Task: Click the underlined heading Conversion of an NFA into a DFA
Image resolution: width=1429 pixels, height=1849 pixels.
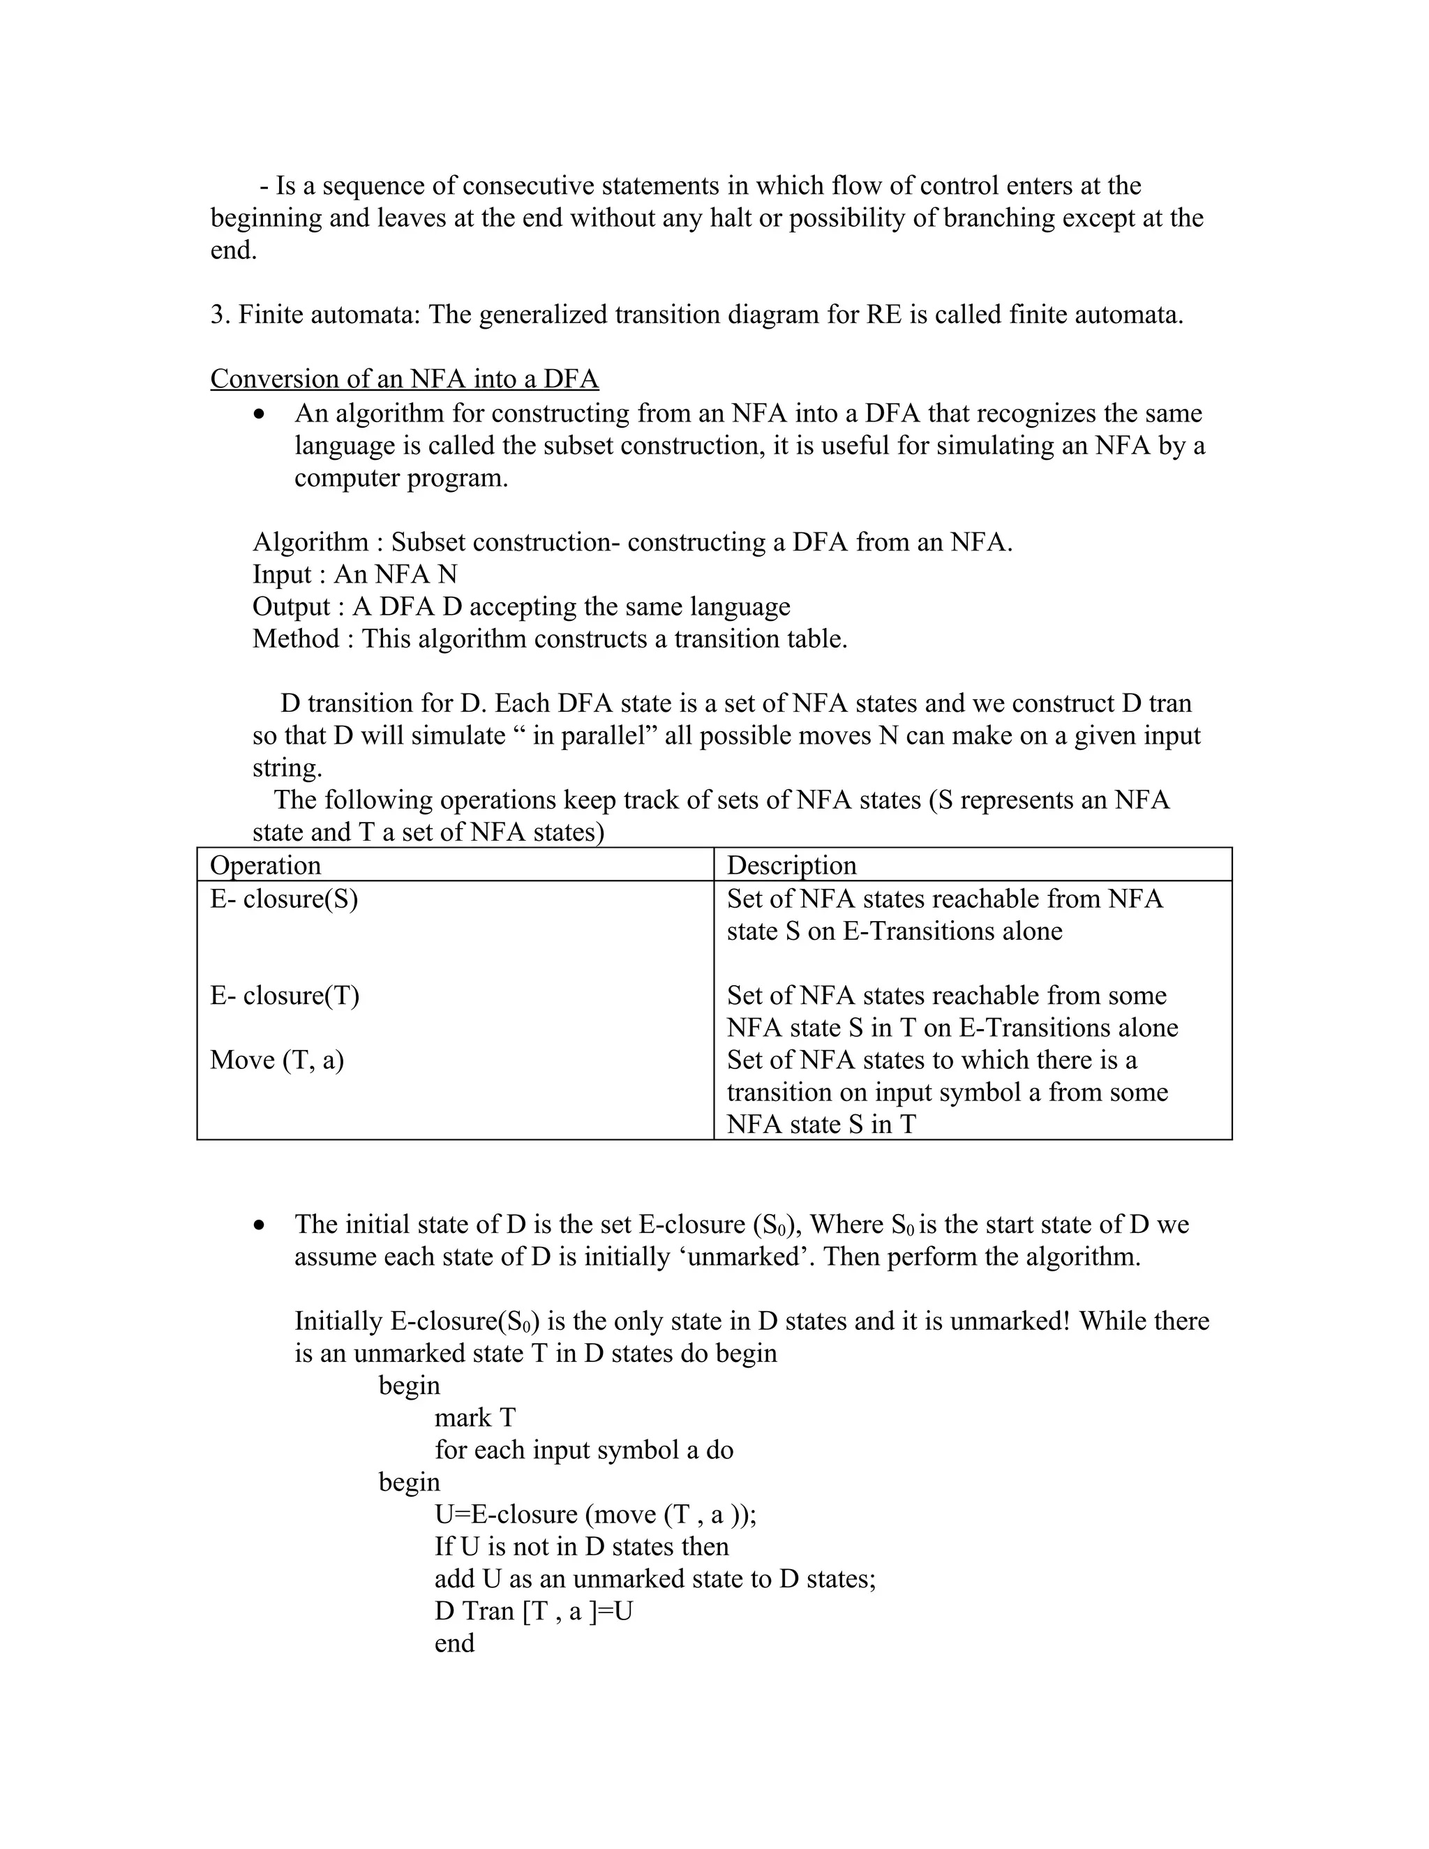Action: click(404, 378)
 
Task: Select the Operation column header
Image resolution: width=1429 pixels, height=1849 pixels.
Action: click(265, 865)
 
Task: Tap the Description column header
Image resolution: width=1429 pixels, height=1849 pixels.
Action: click(791, 865)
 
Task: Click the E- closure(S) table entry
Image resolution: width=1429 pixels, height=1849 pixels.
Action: click(283, 898)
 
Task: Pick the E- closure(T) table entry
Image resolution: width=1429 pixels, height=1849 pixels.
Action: click(285, 995)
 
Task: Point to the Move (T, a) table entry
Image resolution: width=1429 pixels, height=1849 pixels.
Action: click(277, 1060)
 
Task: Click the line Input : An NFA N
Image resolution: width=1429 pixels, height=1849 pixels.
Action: click(354, 574)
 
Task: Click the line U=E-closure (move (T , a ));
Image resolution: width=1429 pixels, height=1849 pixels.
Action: click(595, 1514)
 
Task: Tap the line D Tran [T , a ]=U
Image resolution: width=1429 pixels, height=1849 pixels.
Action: click(533, 1610)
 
